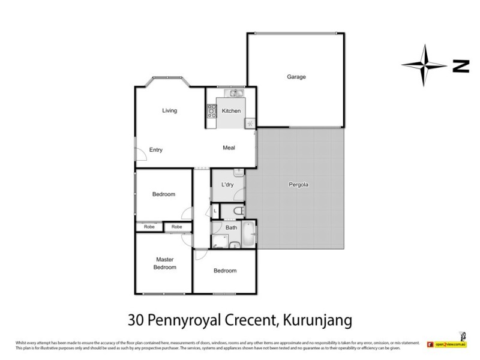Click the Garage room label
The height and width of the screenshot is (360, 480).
pyautogui.click(x=296, y=77)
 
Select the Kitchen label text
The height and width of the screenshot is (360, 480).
pyautogui.click(x=231, y=111)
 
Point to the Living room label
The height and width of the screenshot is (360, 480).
pyautogui.click(x=169, y=110)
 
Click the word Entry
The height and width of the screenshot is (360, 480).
pyautogui.click(x=156, y=150)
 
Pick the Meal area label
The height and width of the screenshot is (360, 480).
pyautogui.click(x=229, y=148)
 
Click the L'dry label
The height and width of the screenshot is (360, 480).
pyautogui.click(x=227, y=184)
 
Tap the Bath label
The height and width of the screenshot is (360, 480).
pyautogui.click(x=231, y=228)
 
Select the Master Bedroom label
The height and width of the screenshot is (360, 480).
pyautogui.click(x=164, y=263)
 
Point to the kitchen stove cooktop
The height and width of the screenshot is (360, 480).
pyautogui.click(x=212, y=110)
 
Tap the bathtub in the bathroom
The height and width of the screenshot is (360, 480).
pyautogui.click(x=249, y=235)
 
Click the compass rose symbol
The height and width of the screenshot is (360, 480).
pyautogui.click(x=425, y=66)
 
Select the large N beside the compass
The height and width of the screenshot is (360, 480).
pyautogui.click(x=460, y=67)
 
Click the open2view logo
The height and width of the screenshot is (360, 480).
pyautogui.click(x=447, y=344)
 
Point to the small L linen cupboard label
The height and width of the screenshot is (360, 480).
pyautogui.click(x=215, y=211)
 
